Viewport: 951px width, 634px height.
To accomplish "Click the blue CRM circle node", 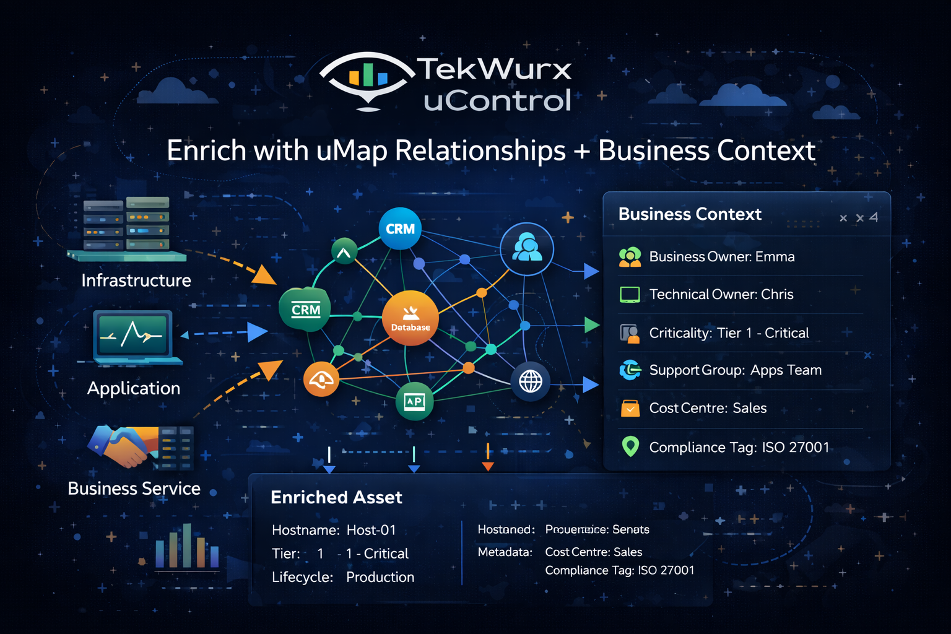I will click(x=400, y=228).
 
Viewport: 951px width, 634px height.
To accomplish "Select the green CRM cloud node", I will click(x=305, y=310).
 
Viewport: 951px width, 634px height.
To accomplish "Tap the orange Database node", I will click(x=410, y=318).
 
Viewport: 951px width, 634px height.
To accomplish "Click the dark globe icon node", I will click(x=531, y=381).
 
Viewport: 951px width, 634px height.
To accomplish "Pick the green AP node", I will click(x=414, y=402).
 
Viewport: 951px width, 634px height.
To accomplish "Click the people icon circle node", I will click(x=527, y=249).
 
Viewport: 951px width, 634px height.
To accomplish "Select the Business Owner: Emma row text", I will click(x=721, y=256).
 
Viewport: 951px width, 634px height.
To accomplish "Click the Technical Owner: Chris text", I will click(x=721, y=294).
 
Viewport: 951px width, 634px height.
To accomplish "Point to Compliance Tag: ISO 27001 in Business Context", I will click(x=739, y=447).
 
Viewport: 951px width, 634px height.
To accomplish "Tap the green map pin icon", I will click(x=630, y=446).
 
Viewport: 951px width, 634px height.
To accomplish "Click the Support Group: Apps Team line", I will click(x=735, y=370).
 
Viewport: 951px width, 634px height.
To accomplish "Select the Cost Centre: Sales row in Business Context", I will click(x=708, y=408).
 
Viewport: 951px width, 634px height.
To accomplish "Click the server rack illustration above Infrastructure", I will click(x=127, y=226).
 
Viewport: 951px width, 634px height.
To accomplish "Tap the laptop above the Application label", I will click(x=132, y=337).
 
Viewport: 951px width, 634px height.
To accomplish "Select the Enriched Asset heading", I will click(x=336, y=497).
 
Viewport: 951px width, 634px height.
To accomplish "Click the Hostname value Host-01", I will click(x=371, y=530).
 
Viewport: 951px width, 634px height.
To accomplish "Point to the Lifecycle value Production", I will click(x=380, y=577).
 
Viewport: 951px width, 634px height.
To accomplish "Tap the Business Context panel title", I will click(x=689, y=214).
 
